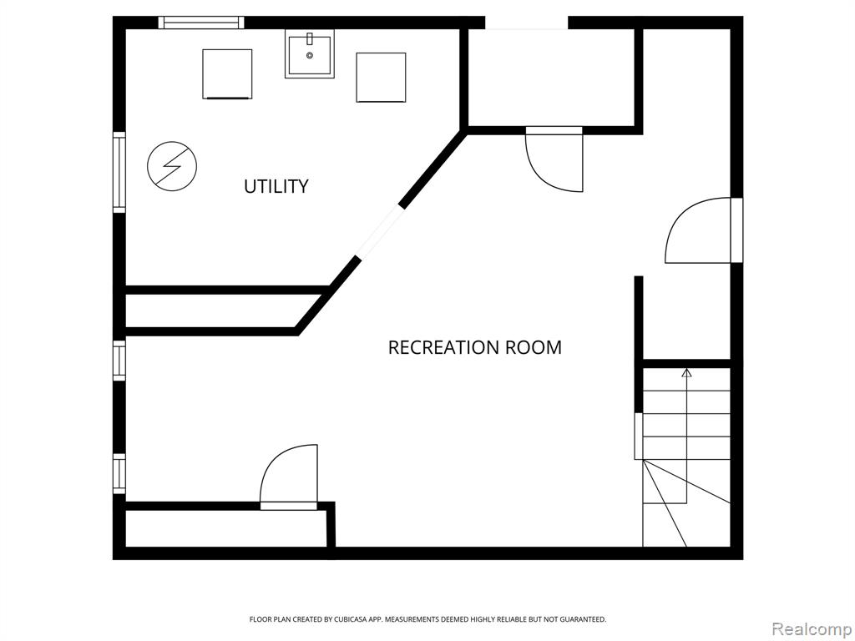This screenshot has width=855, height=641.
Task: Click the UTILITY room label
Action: point(276,186)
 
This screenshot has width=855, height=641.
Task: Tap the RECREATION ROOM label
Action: point(474,347)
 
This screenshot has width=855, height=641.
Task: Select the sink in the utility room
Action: point(309,54)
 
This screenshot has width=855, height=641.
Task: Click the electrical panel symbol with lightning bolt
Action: point(172,166)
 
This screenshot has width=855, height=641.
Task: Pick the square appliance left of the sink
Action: point(227,74)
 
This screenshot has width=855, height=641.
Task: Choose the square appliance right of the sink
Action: point(381,78)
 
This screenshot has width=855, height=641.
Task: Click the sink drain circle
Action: point(310,56)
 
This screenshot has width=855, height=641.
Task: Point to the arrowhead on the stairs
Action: point(686,373)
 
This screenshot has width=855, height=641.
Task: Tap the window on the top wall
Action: point(201,23)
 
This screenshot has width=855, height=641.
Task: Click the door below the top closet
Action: point(554,159)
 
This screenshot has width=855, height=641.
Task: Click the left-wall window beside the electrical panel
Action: point(119,172)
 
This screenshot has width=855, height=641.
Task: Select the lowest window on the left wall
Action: point(119,474)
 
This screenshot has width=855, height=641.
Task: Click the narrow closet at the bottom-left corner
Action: point(225,528)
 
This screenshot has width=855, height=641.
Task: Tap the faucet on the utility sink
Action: point(310,38)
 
